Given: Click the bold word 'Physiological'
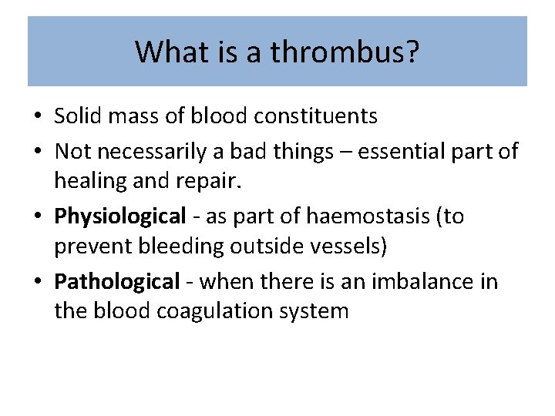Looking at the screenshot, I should [120, 216].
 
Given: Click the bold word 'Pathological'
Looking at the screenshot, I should [117, 283].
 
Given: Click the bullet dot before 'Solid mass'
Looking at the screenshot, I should [38, 117].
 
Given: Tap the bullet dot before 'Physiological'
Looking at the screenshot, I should [38, 217].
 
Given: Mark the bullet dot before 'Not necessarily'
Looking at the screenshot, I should [38, 151].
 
